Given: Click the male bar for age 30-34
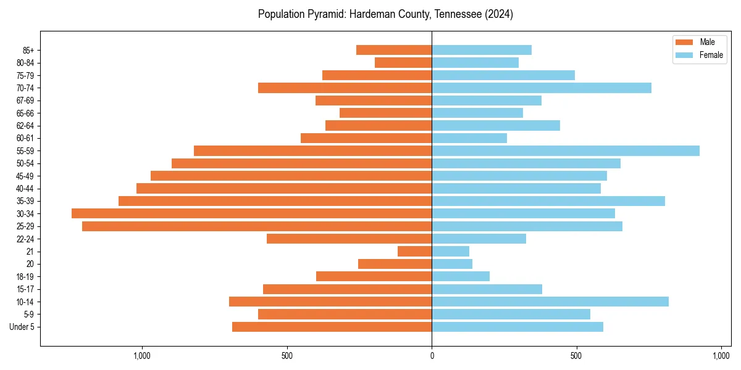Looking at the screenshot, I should point(251,213).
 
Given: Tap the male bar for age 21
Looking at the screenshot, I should point(414,251).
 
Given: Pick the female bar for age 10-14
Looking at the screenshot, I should point(550,302).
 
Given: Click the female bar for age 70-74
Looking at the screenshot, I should point(542,88).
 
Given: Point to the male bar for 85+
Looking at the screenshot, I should point(394,50).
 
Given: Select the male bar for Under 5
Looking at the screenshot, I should point(332,327).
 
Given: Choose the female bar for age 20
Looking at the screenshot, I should point(452,264).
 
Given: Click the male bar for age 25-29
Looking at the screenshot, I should point(257,226).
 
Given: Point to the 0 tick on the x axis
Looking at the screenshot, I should point(432,356).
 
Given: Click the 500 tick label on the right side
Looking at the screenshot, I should point(576,356).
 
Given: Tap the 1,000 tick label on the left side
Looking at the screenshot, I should point(142,356).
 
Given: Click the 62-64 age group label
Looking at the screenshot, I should point(25,125).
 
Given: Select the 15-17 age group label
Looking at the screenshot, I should point(25,289).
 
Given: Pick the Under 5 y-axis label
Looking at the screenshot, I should point(22,327).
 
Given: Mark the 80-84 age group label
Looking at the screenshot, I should point(25,62).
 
